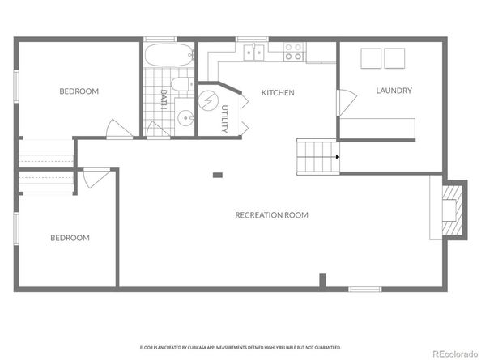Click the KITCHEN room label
[x=277, y=93]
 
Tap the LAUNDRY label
[x=394, y=91]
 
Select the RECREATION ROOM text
[x=271, y=214]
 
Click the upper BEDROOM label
[x=79, y=91]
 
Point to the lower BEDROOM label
[x=70, y=238]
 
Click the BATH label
[x=164, y=100]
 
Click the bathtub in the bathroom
[x=169, y=56]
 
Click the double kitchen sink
[x=256, y=53]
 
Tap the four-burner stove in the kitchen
[x=293, y=53]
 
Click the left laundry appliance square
[x=369, y=58]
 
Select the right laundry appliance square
[x=396, y=58]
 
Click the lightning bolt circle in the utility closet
[x=208, y=101]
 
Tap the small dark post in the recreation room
[x=217, y=175]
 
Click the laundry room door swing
[x=344, y=103]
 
